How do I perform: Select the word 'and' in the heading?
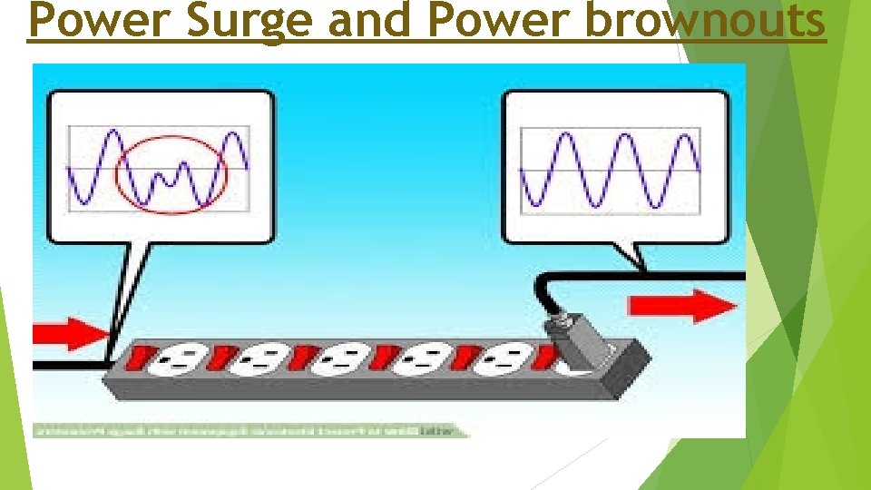(367, 23)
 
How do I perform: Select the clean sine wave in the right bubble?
(609, 169)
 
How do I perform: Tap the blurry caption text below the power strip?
(250, 430)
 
